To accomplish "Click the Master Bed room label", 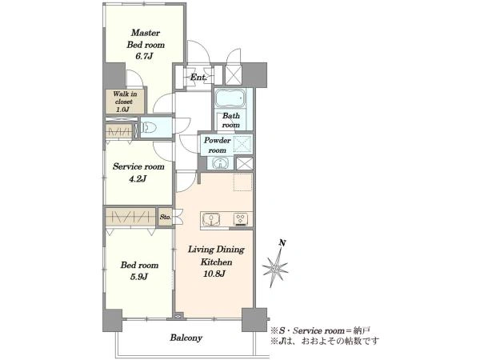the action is point(146,38).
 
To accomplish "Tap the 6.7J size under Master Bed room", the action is point(144,57).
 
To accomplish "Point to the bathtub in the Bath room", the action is point(231,98).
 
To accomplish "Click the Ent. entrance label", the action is point(198,77).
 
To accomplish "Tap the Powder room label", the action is point(218,145).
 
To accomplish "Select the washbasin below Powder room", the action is point(220,163).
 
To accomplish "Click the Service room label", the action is point(138,167).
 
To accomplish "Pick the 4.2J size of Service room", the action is point(137,178).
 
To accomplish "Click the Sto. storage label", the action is point(166,217).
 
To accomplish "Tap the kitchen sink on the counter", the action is point(212,219).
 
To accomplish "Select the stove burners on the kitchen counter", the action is point(242,219).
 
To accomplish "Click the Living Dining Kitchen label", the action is point(216,256).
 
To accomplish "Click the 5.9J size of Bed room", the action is point(139,277).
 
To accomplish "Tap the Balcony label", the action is point(186,338).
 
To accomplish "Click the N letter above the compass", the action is point(283,243).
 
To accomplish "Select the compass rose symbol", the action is point(275,269).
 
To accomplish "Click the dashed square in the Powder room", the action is point(242,144).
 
